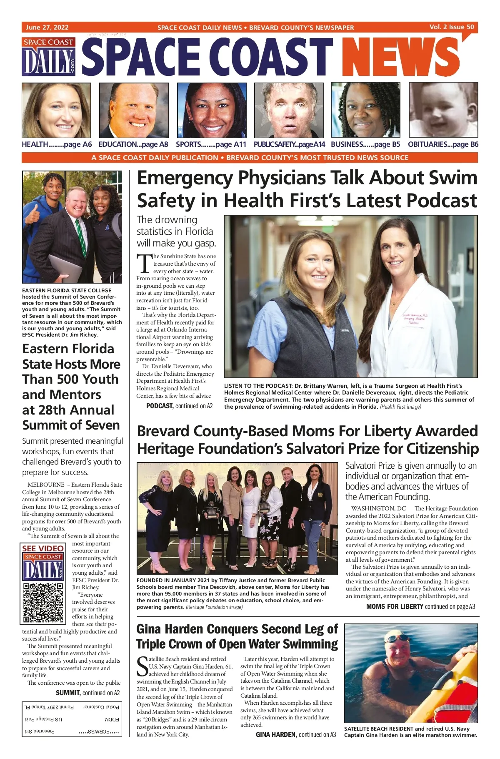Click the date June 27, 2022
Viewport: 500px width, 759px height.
47,28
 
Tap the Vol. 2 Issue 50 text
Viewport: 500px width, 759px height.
452,27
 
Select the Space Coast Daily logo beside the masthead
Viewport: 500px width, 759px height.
49,57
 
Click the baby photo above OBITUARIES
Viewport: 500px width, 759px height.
443,110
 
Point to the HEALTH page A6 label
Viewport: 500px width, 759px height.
57,145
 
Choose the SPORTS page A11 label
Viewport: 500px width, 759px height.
211,145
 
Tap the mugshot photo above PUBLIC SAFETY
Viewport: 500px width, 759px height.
289,110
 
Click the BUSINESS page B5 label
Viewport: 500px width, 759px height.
365,145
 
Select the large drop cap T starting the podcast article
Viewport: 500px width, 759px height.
144,264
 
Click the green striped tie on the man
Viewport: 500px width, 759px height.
81,237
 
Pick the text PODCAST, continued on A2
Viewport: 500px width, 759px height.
179,406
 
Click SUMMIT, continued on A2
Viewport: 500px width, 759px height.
87,693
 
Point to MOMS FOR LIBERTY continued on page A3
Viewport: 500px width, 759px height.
420,606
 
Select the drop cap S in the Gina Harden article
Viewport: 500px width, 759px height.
142,666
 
